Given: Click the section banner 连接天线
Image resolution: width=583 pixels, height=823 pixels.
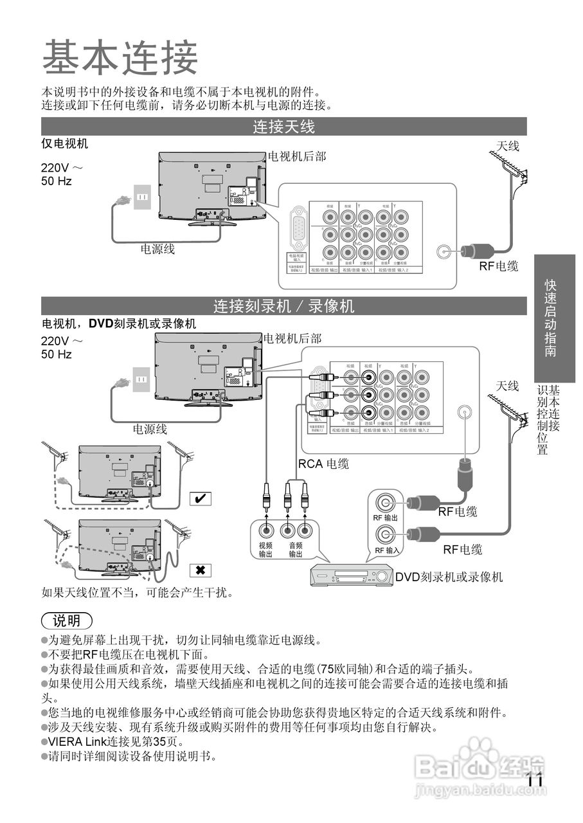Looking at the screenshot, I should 283,127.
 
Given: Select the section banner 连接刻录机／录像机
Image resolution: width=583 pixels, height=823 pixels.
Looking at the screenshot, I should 283,306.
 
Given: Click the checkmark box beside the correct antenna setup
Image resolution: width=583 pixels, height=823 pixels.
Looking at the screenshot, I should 201,498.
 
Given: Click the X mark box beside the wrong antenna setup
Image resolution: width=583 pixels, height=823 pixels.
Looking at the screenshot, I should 201,570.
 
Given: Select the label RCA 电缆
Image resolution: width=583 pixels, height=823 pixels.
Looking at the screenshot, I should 323,464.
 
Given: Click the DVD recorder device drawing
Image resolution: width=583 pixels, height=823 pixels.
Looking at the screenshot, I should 352,574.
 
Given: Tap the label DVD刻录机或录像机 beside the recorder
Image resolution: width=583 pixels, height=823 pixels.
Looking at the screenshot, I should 449,577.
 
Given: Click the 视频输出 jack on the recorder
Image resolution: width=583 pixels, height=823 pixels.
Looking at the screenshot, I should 266,530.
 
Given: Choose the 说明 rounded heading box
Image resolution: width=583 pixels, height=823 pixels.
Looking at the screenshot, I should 67,620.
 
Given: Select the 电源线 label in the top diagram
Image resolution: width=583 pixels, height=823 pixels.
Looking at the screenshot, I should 158,249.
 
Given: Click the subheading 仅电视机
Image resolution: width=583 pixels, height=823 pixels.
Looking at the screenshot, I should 65,144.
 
